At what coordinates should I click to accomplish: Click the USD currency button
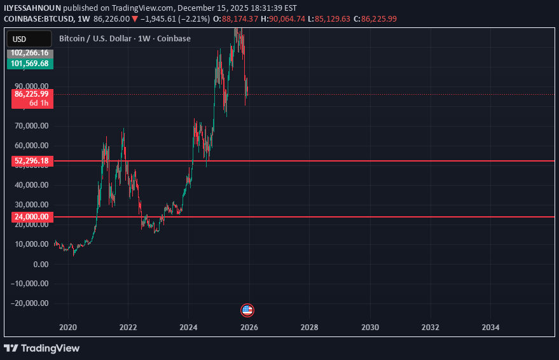(x=19, y=39)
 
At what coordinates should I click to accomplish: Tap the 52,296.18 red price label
(x=31, y=162)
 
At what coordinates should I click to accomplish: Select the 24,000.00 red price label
(x=31, y=217)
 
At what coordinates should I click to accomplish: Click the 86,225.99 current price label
(x=32, y=93)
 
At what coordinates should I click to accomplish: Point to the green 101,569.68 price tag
(x=30, y=64)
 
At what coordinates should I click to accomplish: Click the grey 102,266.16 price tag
(x=30, y=53)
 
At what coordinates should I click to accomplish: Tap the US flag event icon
(x=247, y=310)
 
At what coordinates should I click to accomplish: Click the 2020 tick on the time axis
(x=68, y=327)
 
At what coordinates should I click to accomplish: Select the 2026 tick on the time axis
(x=249, y=327)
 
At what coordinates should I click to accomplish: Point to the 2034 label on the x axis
(x=490, y=327)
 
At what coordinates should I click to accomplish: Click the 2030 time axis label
(x=369, y=327)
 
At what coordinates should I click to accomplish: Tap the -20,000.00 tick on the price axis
(x=31, y=303)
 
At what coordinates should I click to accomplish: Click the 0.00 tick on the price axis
(x=39, y=264)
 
